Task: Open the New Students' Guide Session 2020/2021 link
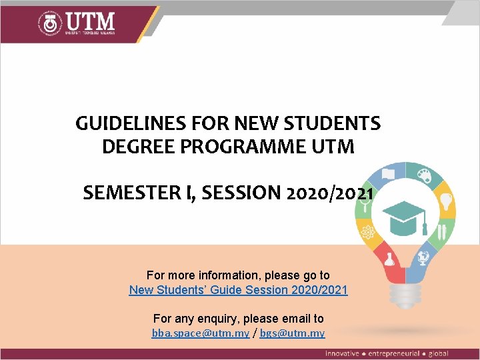(238, 290)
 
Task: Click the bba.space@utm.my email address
(201, 333)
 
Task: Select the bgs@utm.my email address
(292, 333)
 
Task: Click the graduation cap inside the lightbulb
(405, 215)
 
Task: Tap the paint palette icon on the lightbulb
(425, 174)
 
